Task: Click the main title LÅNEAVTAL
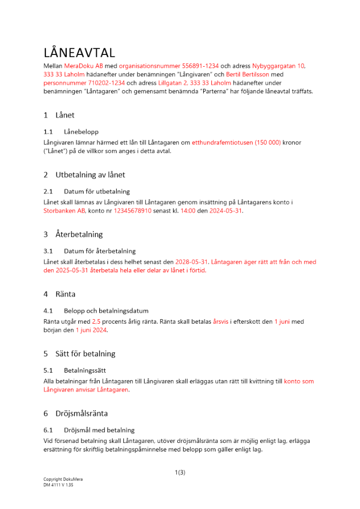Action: pos(79,53)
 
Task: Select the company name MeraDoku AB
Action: pos(84,66)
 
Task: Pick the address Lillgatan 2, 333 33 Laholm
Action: pos(195,82)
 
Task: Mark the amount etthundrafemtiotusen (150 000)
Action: pos(236,143)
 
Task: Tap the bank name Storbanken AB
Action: pos(65,211)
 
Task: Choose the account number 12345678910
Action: pos(132,211)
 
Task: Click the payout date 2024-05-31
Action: pos(226,211)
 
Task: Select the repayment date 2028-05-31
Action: pos(191,262)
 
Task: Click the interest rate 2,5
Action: pos(96,322)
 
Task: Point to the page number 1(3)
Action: pos(180,472)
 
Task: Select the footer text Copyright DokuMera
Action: pos(63,479)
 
